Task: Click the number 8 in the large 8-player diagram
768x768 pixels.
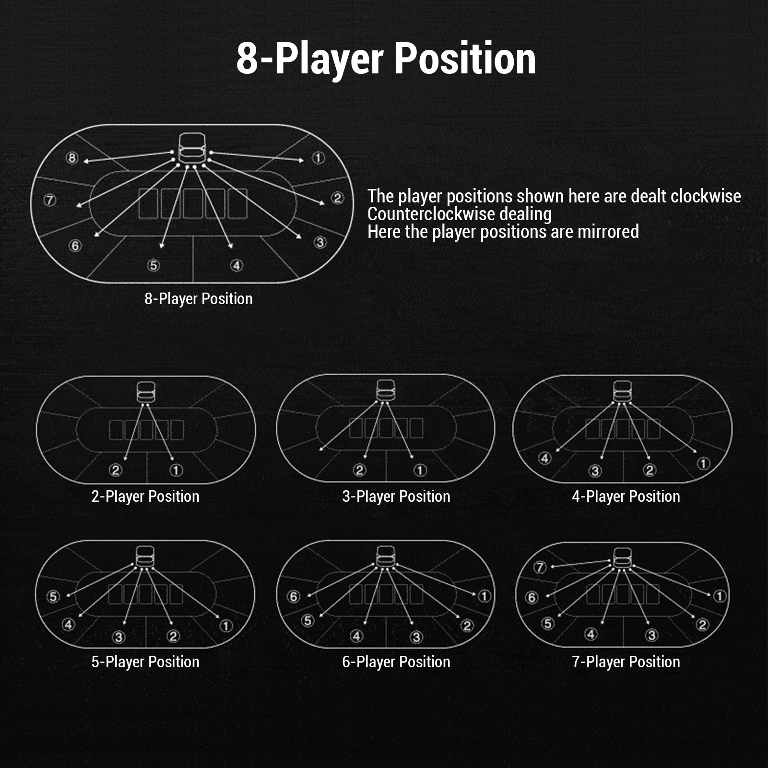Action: click(x=72, y=157)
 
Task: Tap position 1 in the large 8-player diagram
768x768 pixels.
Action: click(x=319, y=157)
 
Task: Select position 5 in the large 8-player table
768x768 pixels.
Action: click(x=153, y=265)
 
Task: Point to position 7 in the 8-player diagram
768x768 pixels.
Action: click(x=50, y=200)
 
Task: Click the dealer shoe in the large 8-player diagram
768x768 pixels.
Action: click(x=192, y=147)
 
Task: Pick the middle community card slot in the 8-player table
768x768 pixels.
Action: click(x=193, y=203)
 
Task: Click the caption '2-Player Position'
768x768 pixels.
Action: click(x=145, y=496)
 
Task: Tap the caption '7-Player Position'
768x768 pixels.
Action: click(x=626, y=662)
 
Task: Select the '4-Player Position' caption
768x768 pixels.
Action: click(x=626, y=496)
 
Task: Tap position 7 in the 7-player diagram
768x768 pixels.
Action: click(x=540, y=567)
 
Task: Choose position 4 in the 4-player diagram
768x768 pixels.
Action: click(x=544, y=458)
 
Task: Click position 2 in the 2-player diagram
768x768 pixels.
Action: click(x=115, y=470)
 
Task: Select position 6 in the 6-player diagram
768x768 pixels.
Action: click(x=293, y=596)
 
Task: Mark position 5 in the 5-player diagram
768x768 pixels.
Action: click(x=53, y=596)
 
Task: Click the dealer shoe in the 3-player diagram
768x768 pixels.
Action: click(x=386, y=391)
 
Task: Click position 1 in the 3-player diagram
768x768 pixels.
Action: click(x=420, y=470)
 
